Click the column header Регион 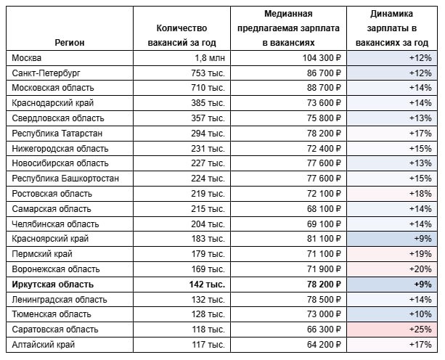(70, 42)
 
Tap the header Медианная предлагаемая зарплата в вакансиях (288, 28)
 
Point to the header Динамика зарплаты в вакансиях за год (393, 28)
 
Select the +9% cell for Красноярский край (422, 239)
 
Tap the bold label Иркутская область (53, 285)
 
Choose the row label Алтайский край (44, 345)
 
